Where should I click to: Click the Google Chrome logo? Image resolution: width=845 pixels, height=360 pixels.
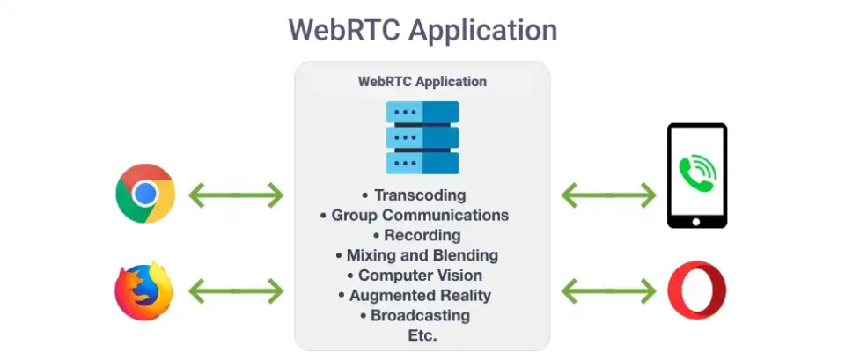[x=145, y=194]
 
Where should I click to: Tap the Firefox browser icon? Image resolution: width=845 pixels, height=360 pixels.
[x=144, y=290]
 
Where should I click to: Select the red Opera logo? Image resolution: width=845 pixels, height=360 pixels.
[x=697, y=290]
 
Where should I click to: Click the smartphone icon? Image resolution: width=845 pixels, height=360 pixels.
[x=697, y=176]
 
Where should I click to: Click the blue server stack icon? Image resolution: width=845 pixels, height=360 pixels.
[x=422, y=137]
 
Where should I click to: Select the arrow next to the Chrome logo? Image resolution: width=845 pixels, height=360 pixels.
[x=236, y=195]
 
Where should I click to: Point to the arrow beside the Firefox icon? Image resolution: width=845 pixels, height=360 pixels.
[x=236, y=290]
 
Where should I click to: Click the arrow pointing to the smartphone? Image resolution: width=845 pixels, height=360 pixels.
[x=609, y=195]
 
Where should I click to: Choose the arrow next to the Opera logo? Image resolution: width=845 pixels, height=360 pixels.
[x=609, y=290]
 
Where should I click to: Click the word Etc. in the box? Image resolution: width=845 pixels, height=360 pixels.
[x=422, y=335]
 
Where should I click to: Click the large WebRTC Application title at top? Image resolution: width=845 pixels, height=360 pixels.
[x=422, y=31]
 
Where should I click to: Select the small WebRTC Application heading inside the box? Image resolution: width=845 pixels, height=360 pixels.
[x=422, y=82]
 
